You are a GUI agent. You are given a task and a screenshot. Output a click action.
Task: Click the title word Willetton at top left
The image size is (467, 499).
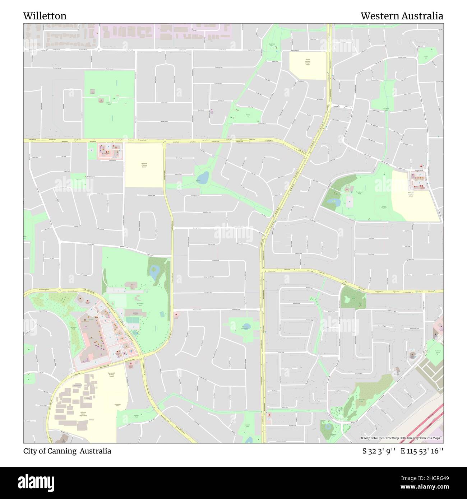(45, 16)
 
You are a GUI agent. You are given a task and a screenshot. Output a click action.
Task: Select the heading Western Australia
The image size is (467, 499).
(402, 16)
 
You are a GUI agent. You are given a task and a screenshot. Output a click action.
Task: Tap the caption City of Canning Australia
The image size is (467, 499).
(67, 451)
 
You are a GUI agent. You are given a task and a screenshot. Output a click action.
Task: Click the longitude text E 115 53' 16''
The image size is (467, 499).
(422, 451)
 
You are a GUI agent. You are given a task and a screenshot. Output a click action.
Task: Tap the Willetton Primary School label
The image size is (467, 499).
(144, 165)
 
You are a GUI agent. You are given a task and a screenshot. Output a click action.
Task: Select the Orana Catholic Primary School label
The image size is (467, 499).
(308, 62)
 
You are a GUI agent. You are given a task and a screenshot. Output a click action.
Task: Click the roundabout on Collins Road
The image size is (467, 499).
(344, 283)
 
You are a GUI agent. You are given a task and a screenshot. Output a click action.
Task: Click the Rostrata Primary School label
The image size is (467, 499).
(411, 194)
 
